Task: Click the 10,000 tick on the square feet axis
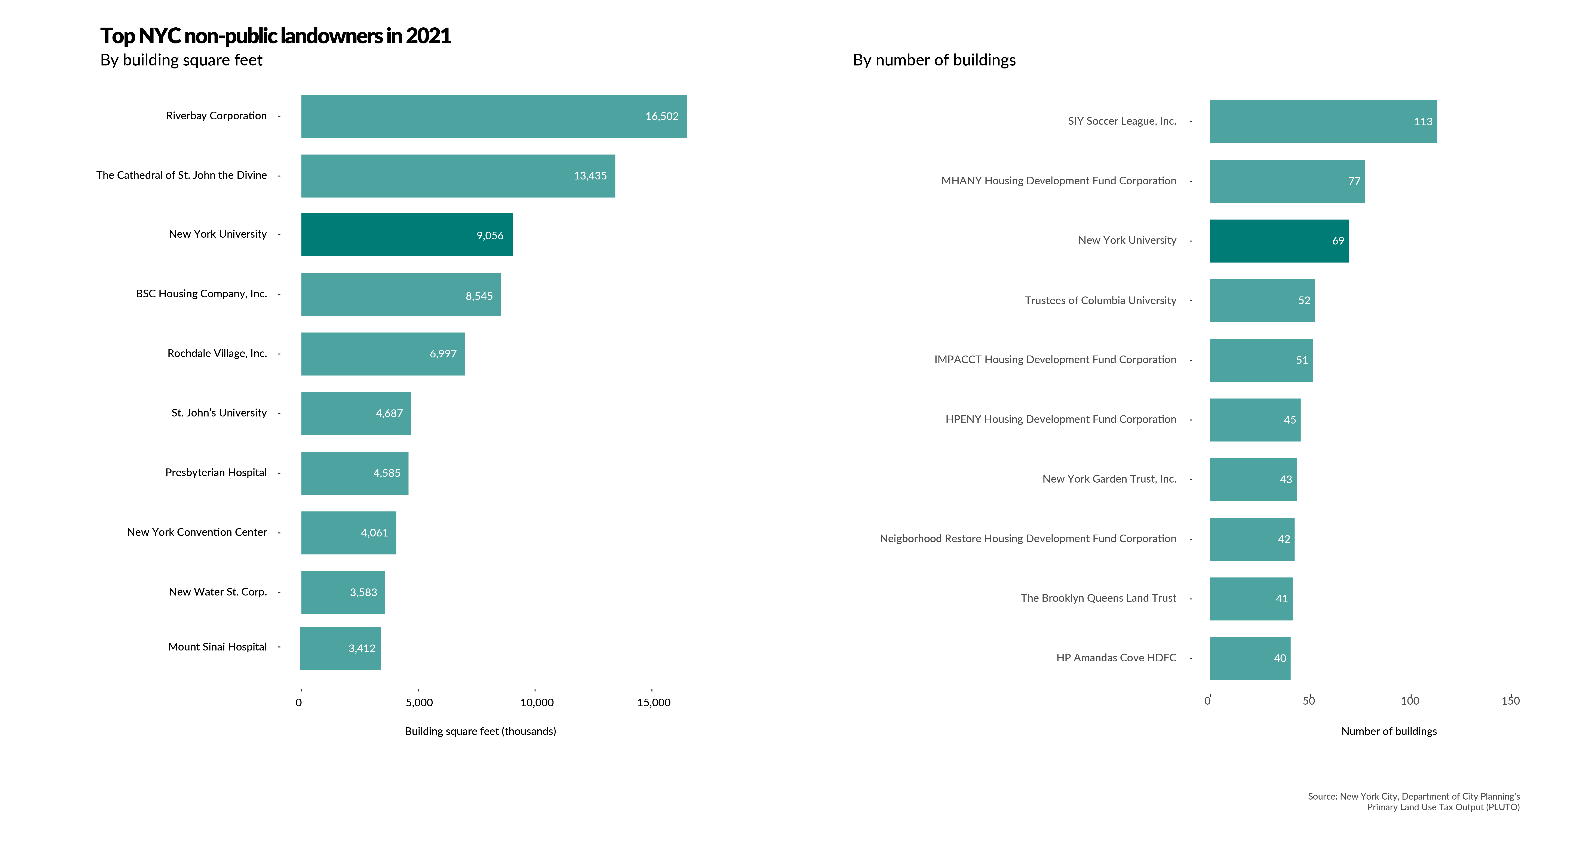(x=536, y=702)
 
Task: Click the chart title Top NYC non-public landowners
(x=275, y=36)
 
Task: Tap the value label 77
(x=1354, y=181)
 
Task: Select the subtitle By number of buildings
(x=934, y=60)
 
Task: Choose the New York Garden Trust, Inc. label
(x=1109, y=479)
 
